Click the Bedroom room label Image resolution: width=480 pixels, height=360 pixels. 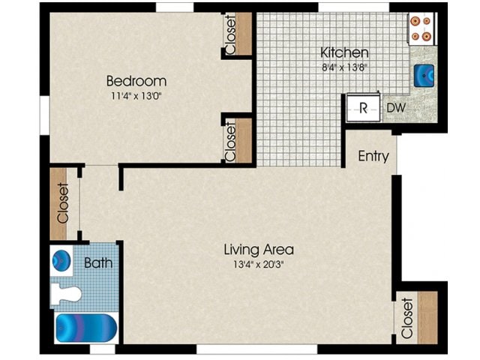pyautogui.click(x=136, y=80)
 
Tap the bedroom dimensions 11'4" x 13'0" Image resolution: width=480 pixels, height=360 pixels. pyautogui.click(x=136, y=96)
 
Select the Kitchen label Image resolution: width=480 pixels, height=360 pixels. pyautogui.click(x=344, y=52)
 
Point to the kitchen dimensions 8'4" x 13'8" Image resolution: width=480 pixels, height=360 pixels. pyautogui.click(x=344, y=67)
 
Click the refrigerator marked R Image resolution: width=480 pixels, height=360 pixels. pyautogui.click(x=363, y=108)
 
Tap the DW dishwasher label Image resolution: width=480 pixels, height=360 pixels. pyautogui.click(x=396, y=108)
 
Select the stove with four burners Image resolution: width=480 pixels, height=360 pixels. pyautogui.click(x=420, y=28)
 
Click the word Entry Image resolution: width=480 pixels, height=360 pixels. pyautogui.click(x=373, y=156)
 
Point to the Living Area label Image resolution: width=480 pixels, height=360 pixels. pyautogui.click(x=258, y=249)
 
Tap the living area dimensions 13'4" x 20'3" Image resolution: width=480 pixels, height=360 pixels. pyautogui.click(x=258, y=264)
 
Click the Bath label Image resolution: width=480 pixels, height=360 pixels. pyautogui.click(x=97, y=263)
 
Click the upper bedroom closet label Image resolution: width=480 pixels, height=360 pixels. pyautogui.click(x=230, y=34)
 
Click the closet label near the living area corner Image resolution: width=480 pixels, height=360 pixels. pyautogui.click(x=407, y=318)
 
